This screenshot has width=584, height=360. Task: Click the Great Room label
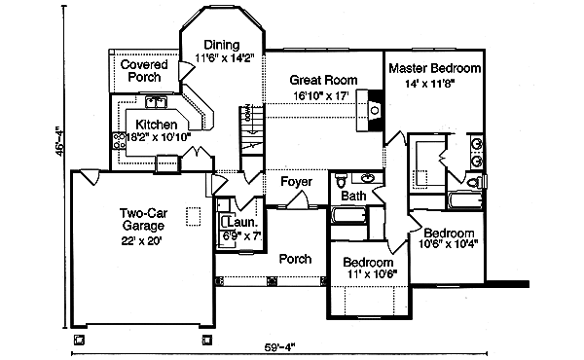pyautogui.click(x=324, y=81)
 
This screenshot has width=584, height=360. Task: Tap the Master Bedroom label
pyautogui.click(x=435, y=68)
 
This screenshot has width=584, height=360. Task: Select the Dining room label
pyautogui.click(x=223, y=45)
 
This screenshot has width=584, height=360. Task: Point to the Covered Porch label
pyautogui.click(x=143, y=71)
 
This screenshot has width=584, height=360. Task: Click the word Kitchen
pyautogui.click(x=156, y=125)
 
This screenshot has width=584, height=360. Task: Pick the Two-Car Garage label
pyautogui.click(x=142, y=221)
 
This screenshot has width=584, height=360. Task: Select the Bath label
pyautogui.click(x=353, y=196)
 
